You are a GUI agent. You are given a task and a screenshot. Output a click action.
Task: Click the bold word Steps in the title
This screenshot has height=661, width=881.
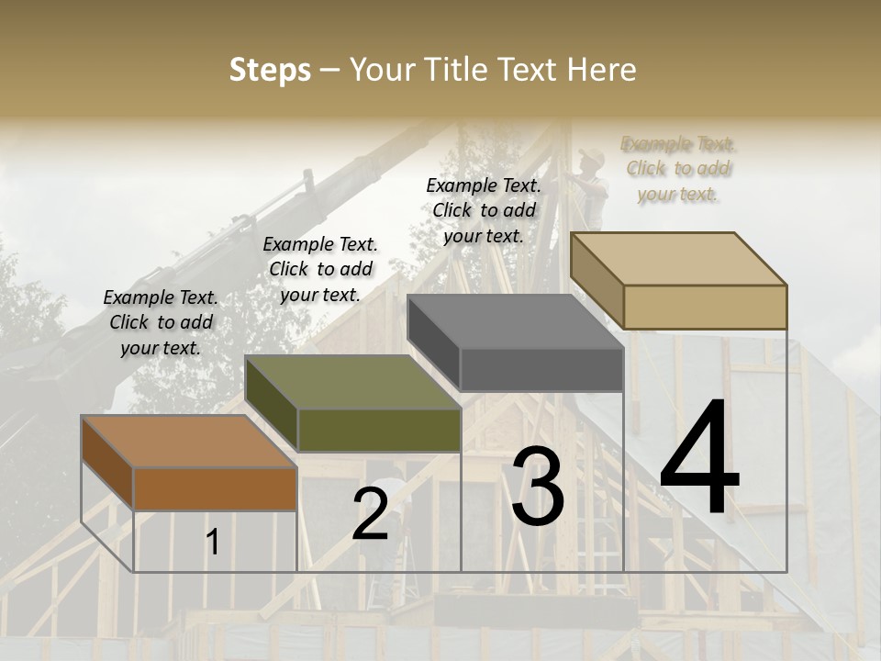click(x=270, y=70)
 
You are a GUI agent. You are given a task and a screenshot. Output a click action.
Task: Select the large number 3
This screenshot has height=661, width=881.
click(x=538, y=487)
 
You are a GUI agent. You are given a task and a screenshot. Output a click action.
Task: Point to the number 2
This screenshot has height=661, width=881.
click(x=370, y=514)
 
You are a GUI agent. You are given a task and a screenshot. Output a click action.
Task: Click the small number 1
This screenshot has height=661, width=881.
click(x=213, y=542)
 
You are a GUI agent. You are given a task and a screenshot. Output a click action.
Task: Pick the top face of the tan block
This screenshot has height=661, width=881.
click(x=679, y=259)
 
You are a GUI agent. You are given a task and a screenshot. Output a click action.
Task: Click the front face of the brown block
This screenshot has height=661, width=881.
click(x=216, y=488)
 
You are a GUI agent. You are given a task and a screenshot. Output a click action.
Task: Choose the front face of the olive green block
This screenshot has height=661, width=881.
click(x=379, y=430)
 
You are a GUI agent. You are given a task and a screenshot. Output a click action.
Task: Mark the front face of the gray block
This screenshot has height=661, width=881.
click(x=541, y=370)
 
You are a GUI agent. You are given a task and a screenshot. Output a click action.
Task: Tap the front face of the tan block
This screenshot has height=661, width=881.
click(x=705, y=307)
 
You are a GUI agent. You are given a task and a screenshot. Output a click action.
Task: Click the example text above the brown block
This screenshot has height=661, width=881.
click(x=161, y=323)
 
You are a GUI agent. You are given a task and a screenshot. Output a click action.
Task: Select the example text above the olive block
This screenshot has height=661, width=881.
click(x=320, y=269)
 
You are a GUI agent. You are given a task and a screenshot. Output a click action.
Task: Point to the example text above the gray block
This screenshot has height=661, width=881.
click(x=484, y=210)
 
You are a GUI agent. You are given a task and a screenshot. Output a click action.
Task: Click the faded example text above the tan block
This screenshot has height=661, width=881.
click(x=678, y=169)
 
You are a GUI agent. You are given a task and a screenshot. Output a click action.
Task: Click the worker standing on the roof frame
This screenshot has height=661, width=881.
click(x=592, y=184)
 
